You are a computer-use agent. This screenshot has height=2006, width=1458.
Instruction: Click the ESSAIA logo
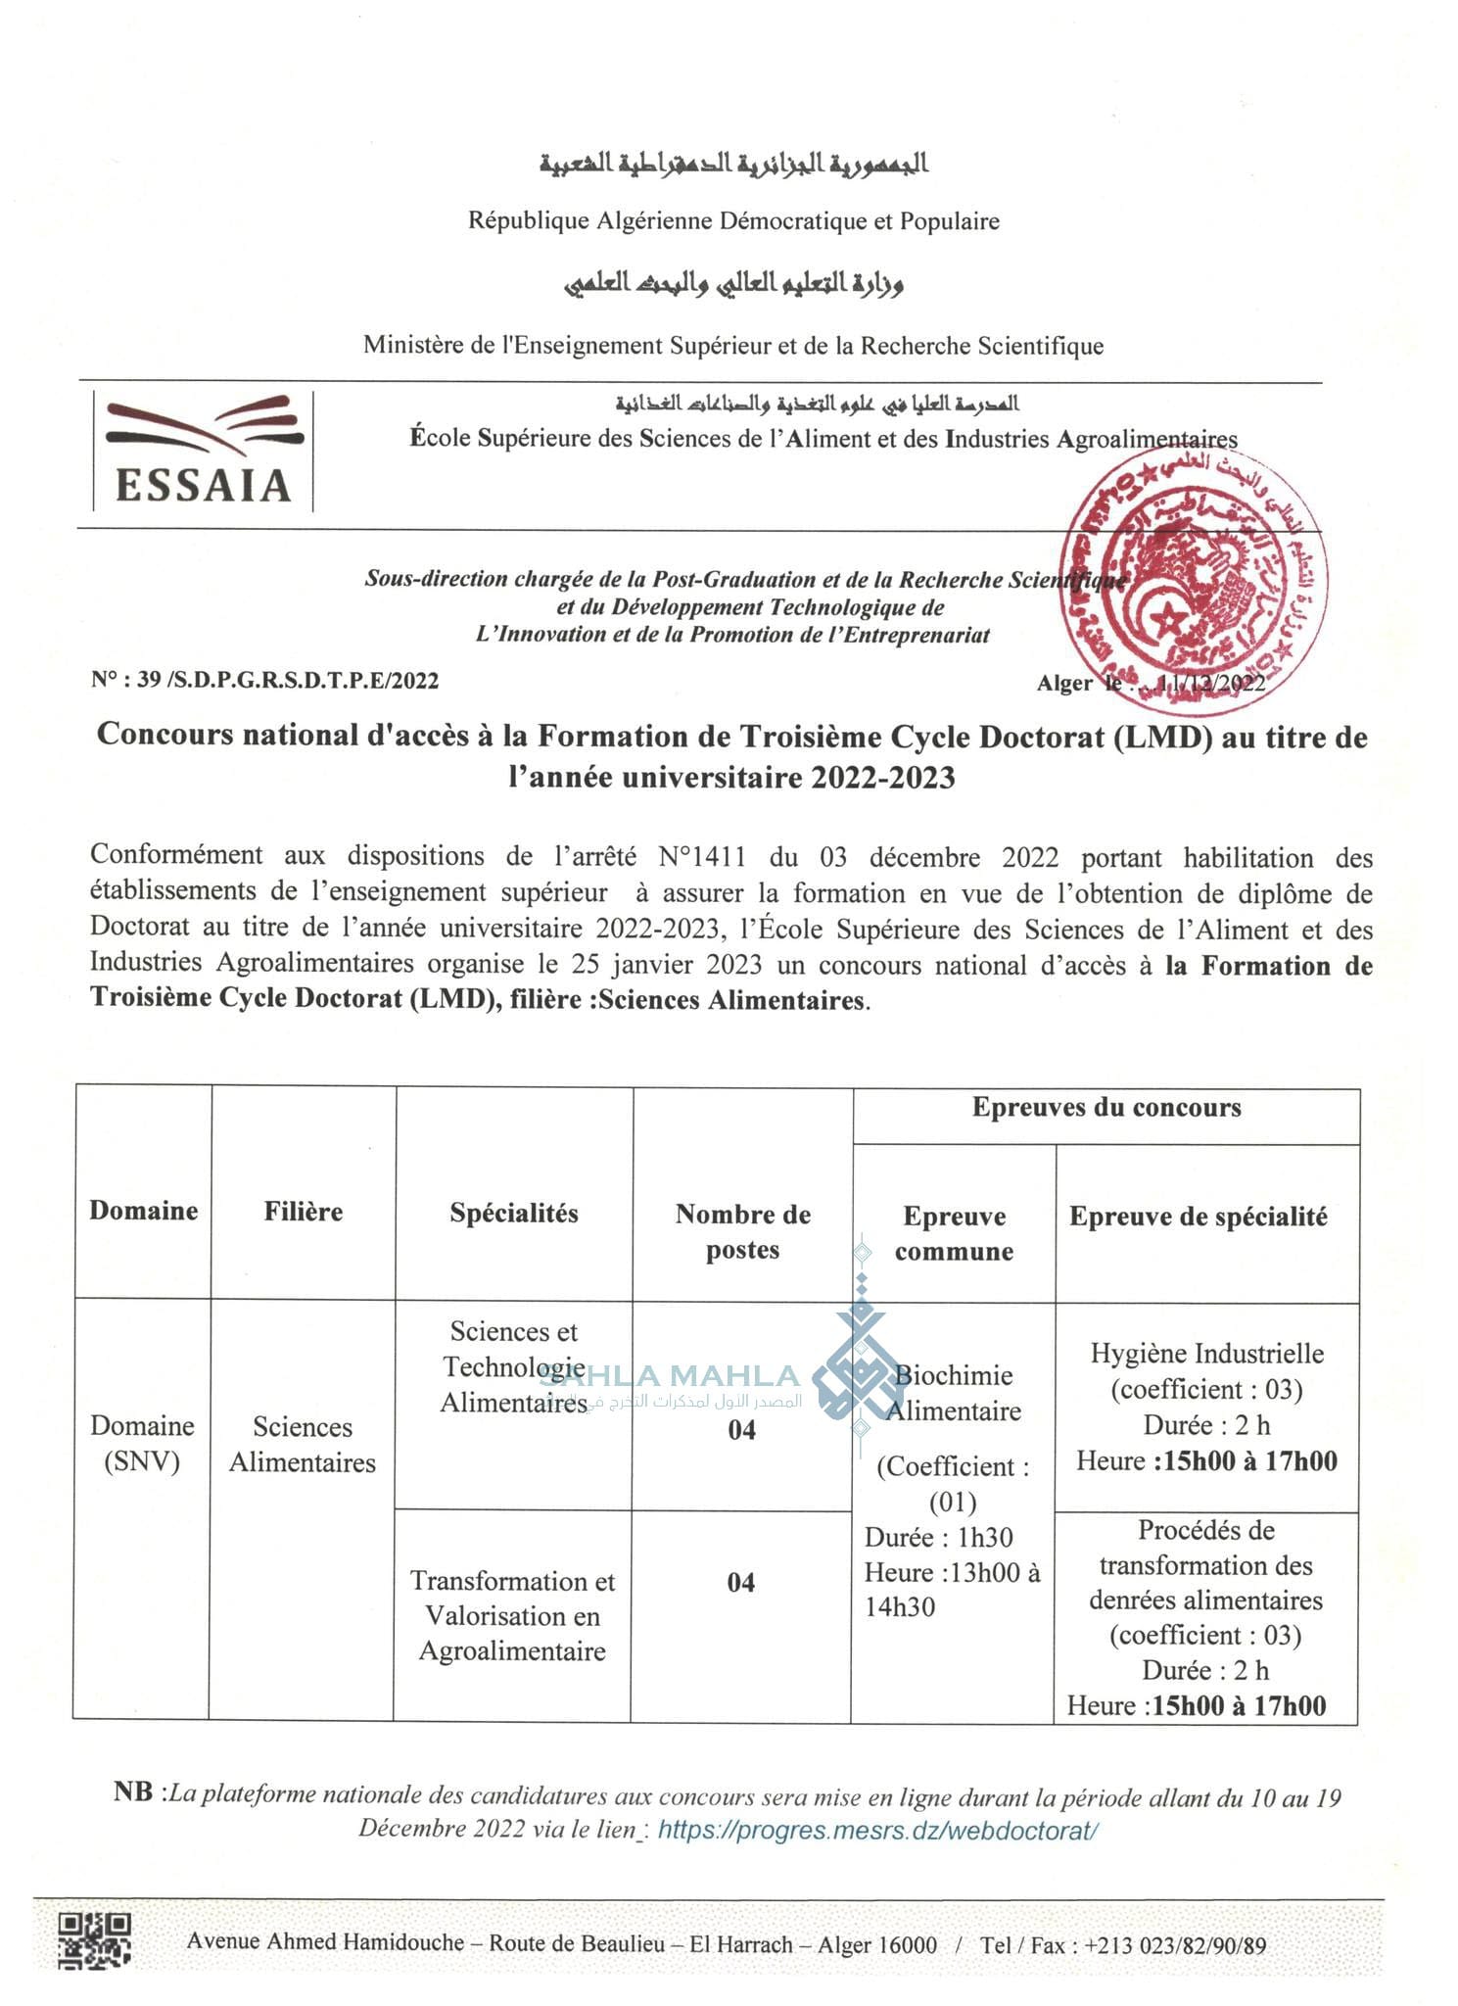204,452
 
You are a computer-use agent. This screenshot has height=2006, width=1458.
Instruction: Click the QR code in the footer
95,1940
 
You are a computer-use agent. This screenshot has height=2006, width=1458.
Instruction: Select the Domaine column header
143,1212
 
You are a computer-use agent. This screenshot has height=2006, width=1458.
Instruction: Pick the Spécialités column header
514,1214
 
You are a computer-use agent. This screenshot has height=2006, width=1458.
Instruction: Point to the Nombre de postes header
743,1231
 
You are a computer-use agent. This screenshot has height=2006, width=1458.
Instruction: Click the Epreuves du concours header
1106,1109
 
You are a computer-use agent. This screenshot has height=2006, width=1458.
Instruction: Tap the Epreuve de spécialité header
1199,1217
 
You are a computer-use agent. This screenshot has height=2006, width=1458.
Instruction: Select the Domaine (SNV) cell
143,1443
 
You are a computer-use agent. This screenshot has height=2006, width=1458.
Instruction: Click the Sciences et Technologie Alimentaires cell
513,1366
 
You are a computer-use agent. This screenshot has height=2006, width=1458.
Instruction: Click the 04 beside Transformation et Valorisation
741,1583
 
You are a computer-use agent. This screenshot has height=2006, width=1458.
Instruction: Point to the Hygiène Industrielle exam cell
1206,1407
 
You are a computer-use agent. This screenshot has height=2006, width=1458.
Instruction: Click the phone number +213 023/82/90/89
1174,1945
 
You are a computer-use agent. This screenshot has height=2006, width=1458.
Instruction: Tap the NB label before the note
133,1792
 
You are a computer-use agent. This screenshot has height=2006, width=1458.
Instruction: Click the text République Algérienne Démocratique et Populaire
733,221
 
